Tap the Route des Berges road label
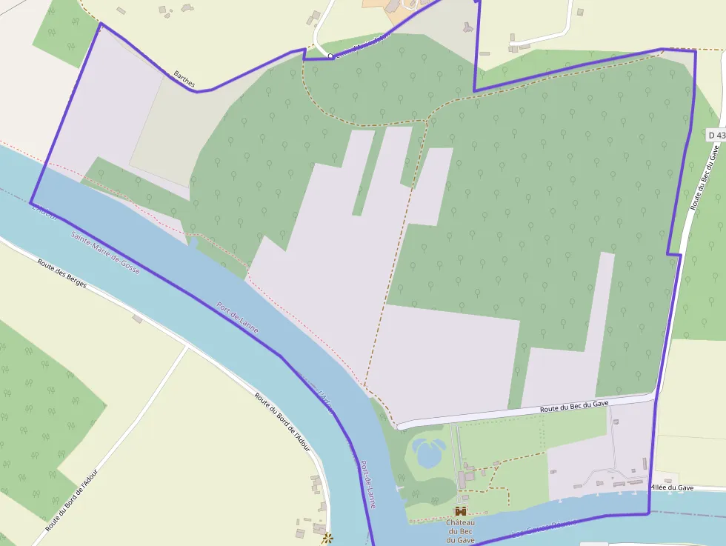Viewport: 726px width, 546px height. coord(62,273)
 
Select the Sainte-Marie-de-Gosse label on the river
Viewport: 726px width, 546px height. coord(105,253)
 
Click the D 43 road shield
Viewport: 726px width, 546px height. coord(716,135)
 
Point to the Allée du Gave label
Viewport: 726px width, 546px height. coord(671,487)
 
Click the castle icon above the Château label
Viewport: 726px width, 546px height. coord(461,511)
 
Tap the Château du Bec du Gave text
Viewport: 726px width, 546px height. coord(460,531)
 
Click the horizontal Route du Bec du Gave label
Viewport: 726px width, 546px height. coord(574,405)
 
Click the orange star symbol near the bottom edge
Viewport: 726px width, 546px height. coord(327,538)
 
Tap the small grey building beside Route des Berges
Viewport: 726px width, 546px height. coord(138,319)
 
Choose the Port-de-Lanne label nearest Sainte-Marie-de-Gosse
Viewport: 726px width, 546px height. coord(238,317)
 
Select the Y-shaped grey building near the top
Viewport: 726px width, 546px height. coord(467,27)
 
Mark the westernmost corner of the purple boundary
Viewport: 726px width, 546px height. coord(31,202)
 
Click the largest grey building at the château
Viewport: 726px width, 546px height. coord(462,479)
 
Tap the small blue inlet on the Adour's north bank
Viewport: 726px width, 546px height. coord(193,242)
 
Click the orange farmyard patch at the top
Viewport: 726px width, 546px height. coord(378,4)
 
